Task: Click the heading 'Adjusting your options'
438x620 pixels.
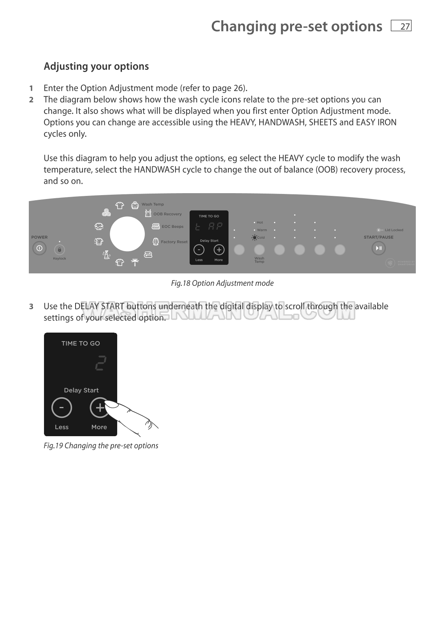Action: tap(96, 67)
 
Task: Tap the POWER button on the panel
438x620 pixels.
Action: tap(39, 248)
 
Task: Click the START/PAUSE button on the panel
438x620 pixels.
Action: tap(378, 248)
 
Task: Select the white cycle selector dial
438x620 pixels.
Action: tap(127, 234)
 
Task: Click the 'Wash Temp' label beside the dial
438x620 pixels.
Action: tap(153, 204)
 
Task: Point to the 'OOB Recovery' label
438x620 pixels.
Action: tap(167, 214)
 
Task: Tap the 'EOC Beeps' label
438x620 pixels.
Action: tap(172, 227)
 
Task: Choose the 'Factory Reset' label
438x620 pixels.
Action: tap(174, 242)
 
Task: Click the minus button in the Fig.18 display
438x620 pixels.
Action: tap(199, 250)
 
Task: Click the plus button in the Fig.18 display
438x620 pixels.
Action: tap(219, 250)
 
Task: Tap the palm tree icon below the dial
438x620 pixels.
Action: tap(135, 262)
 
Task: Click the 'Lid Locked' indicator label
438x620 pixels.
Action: tap(394, 230)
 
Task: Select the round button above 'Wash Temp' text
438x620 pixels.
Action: tap(259, 249)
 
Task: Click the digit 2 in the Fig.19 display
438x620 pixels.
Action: tap(100, 363)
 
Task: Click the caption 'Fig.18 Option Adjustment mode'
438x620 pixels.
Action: tap(222, 284)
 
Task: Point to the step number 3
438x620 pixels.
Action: tap(31, 307)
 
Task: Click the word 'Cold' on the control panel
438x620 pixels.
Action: tap(261, 238)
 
